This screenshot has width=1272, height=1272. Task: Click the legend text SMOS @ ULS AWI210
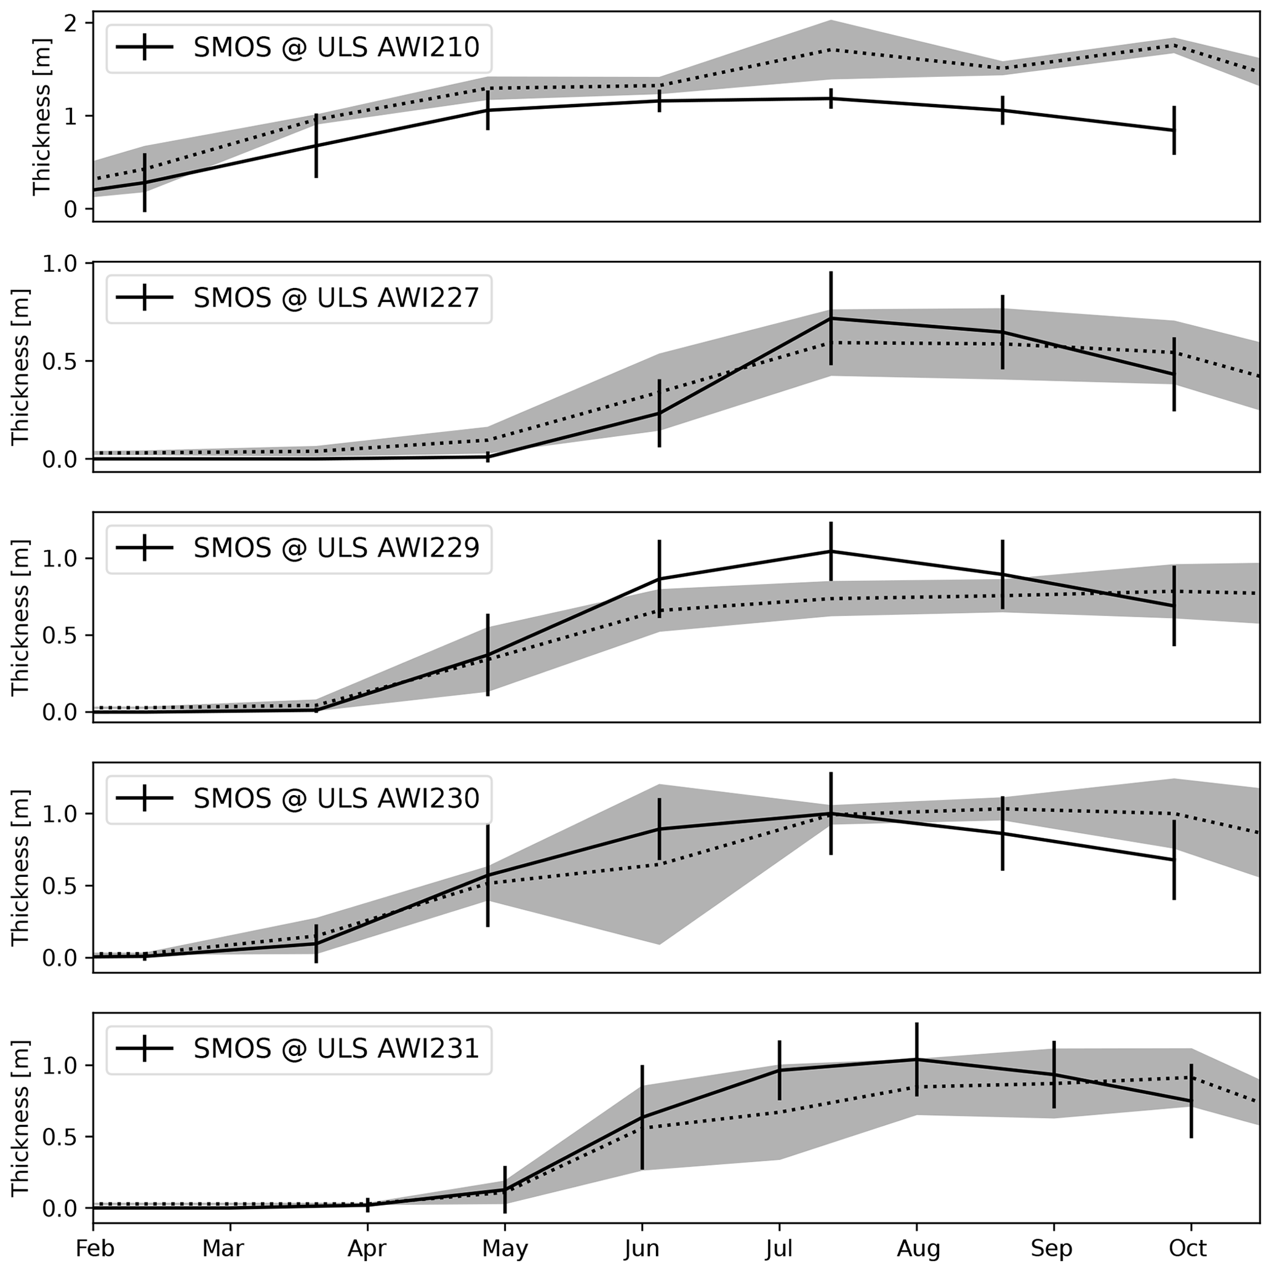336,47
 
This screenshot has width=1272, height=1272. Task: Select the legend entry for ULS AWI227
336,298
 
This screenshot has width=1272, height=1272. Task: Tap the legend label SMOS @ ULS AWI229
336,548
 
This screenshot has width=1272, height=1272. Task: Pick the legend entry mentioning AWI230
336,799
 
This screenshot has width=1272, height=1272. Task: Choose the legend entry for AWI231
336,1049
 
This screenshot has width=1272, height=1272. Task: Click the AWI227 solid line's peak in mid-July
831,319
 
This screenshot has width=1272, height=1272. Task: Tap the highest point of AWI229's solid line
831,551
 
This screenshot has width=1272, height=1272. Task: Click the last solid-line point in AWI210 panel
1174,130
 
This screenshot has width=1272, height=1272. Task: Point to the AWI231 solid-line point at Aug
916,1059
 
